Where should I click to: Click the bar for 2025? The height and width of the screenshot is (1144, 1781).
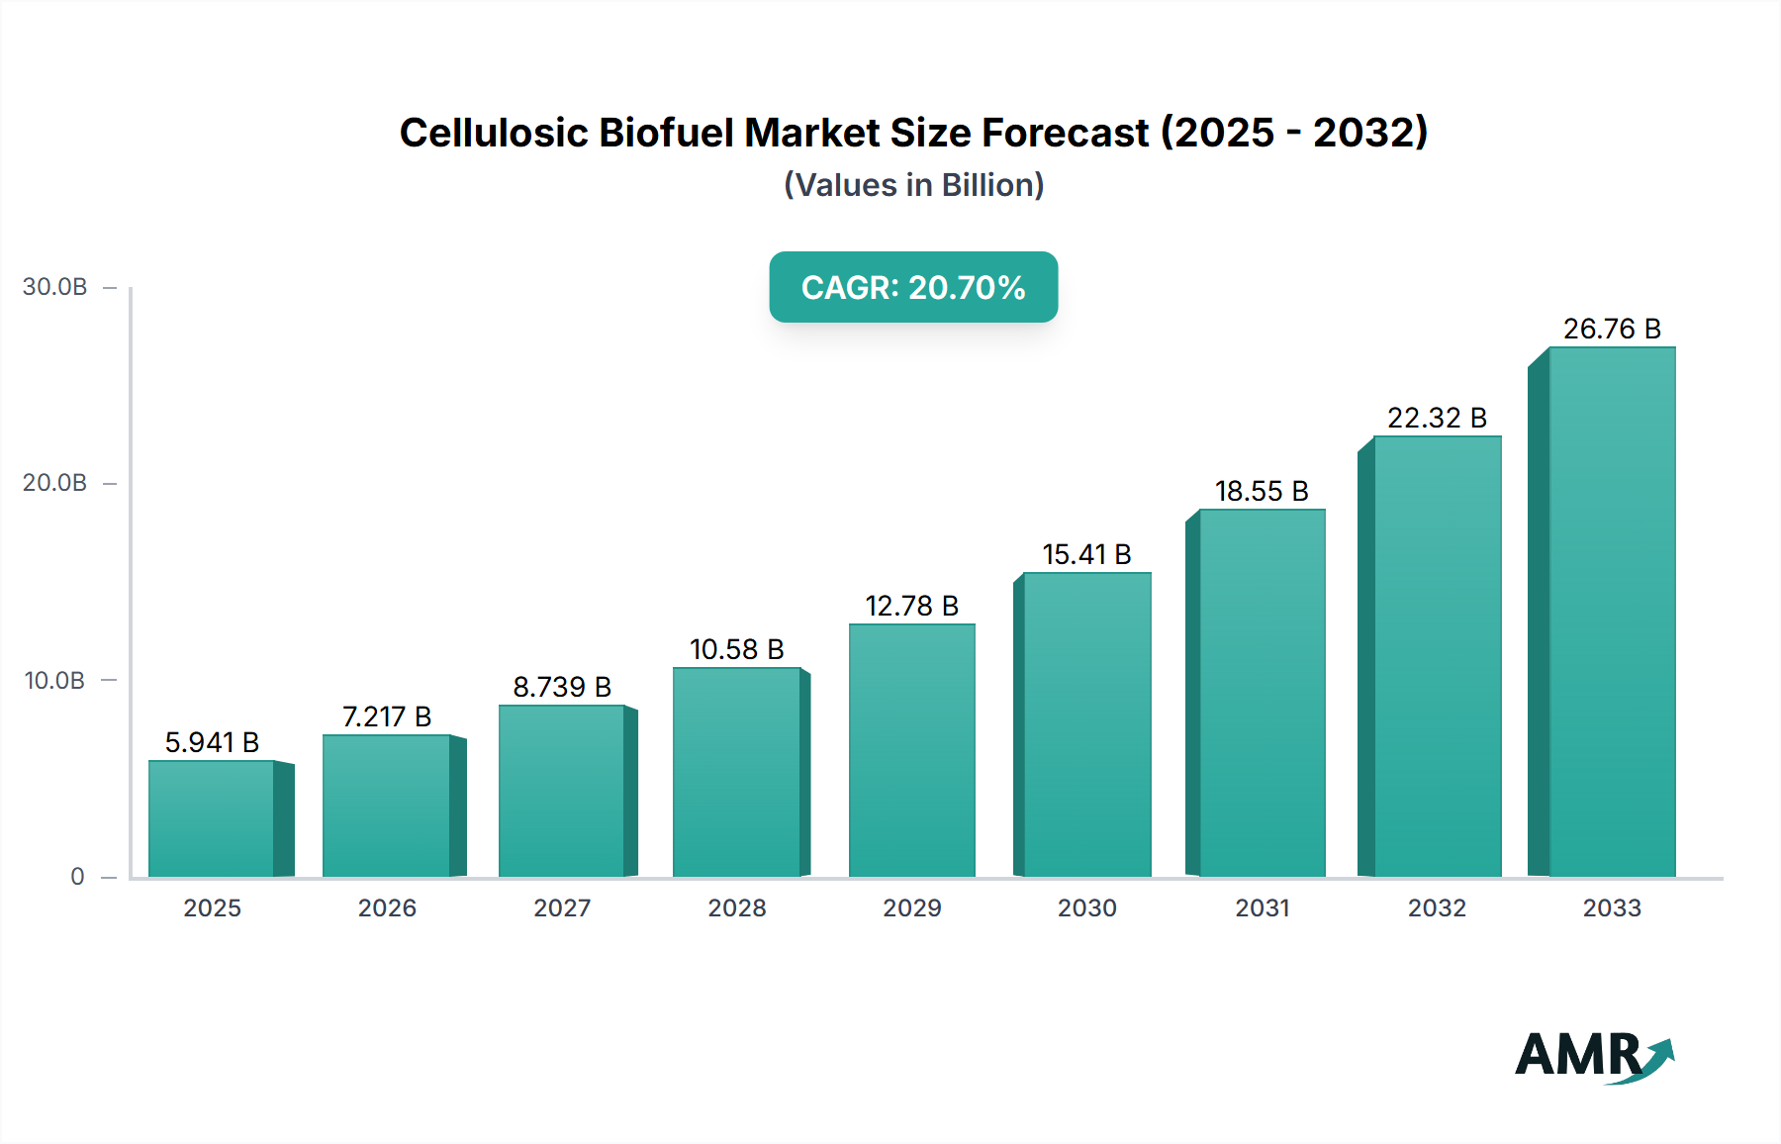[212, 818]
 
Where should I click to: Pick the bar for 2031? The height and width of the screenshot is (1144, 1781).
[1262, 693]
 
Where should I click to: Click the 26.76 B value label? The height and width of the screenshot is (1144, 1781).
[1612, 329]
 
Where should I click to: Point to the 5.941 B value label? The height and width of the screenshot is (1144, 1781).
[212, 742]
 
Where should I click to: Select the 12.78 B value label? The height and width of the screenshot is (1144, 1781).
[911, 606]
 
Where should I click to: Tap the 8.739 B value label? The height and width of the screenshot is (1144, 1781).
[562, 687]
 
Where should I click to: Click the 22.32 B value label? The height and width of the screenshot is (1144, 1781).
[1437, 418]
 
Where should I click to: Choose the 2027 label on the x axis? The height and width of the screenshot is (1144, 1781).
[562, 908]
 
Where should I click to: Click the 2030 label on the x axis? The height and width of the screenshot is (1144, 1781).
[1086, 908]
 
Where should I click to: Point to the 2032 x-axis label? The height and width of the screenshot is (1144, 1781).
[1437, 908]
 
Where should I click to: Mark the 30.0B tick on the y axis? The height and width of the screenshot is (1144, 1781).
[55, 287]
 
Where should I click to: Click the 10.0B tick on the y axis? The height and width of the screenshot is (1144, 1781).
[55, 681]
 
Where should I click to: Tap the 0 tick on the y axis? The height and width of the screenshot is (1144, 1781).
[77, 877]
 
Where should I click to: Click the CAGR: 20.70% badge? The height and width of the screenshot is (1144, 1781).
[913, 287]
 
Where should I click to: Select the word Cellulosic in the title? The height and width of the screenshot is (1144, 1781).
[492, 133]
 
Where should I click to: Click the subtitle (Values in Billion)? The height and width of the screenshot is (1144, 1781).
[913, 185]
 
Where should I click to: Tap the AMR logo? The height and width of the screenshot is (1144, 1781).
[1593, 1056]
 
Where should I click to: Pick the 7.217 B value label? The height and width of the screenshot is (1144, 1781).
[387, 716]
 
